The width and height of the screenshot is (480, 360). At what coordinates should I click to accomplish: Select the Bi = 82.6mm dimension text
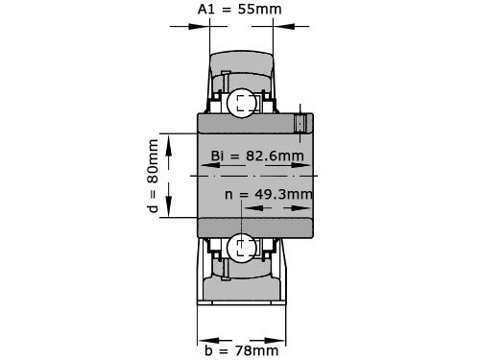256,156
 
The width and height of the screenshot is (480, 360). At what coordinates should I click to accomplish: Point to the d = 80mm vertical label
153,176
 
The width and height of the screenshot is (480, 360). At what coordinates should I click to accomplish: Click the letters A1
205,9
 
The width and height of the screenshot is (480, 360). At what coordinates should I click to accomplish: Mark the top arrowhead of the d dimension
169,140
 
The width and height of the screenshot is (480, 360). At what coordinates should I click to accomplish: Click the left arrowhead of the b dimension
203,339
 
